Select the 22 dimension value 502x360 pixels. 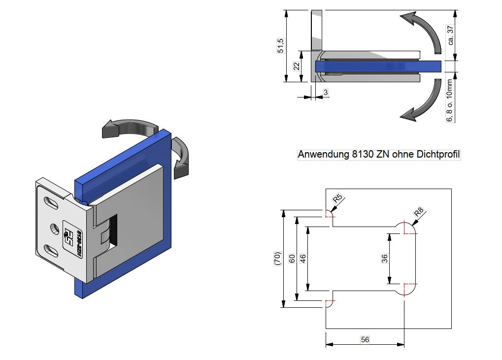tap(297, 66)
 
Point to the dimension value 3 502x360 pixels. tap(326, 92)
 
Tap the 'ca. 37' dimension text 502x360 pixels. tap(450, 35)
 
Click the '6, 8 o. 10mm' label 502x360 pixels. tap(450, 100)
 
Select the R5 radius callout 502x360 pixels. tap(337, 198)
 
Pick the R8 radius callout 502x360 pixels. tap(418, 213)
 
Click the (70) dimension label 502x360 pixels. tap(277, 258)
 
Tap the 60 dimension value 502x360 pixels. tap(291, 258)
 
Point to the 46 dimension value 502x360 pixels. tap(303, 258)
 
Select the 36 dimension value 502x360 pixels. tap(384, 258)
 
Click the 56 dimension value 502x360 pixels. tap(365, 339)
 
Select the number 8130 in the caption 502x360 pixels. tap(364, 155)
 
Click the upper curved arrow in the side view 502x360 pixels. tap(422, 31)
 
